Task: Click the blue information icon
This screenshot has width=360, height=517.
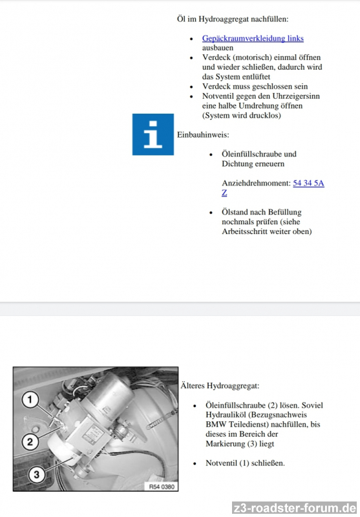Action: click(x=153, y=134)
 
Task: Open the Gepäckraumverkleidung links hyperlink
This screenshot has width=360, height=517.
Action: click(x=253, y=38)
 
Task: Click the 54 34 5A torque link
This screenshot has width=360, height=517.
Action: click(x=308, y=183)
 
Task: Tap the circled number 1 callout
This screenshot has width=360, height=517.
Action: click(x=30, y=399)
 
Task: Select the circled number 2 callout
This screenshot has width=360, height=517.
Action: click(x=30, y=441)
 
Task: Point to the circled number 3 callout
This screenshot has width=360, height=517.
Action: click(x=36, y=474)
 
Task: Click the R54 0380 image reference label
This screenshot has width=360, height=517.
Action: click(x=162, y=487)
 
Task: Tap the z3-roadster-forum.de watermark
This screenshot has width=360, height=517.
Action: click(x=294, y=508)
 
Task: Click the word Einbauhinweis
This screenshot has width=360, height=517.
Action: click(x=203, y=135)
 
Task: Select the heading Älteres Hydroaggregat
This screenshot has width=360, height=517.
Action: click(x=220, y=385)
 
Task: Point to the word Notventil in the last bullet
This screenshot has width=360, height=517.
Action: click(x=221, y=463)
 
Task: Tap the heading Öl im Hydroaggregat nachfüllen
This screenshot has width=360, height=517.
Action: click(x=233, y=19)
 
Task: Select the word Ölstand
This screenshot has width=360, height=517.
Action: click(x=235, y=212)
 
